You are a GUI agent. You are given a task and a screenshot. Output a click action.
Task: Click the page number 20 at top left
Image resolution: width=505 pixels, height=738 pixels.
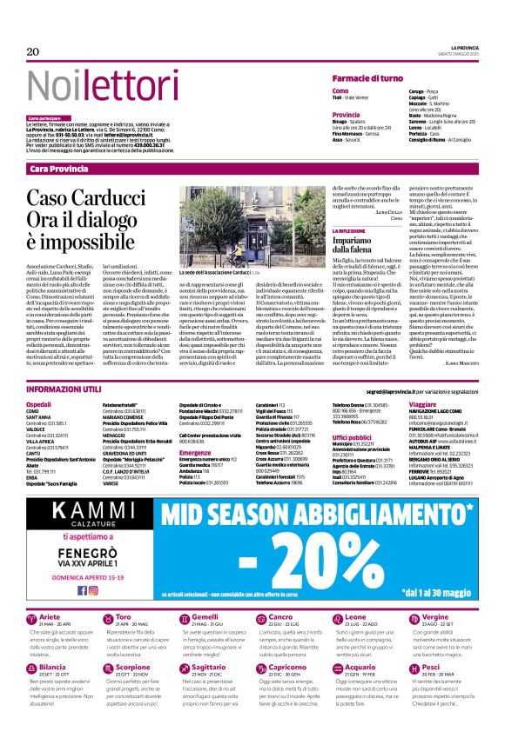click(x=33, y=52)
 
